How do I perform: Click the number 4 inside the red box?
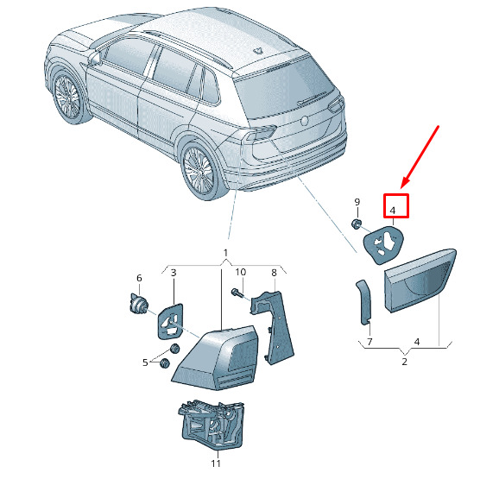pos(393,211)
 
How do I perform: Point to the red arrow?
pos(420,157)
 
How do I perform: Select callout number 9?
pos(357,202)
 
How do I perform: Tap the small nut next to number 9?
pos(357,224)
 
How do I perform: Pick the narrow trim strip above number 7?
pos(364,302)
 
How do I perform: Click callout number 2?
pos(404,362)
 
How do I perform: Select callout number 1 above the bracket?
pos(225,253)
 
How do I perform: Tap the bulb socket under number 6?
pos(137,304)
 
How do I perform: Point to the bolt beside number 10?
pos(237,293)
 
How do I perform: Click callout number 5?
pos(145,362)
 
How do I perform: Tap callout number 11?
pos(216,463)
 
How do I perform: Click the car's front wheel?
pos(67,97)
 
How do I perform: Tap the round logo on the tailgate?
pos(306,121)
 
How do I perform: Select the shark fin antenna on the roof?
pos(257,51)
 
